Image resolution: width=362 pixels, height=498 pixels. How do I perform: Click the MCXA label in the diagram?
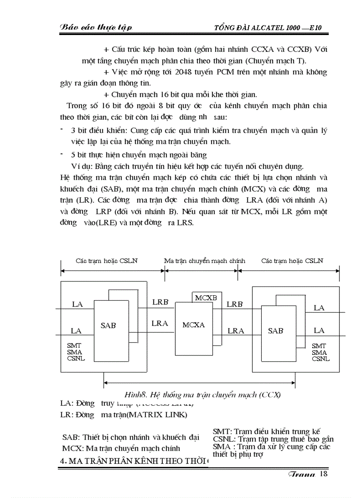pyautogui.click(x=193, y=325)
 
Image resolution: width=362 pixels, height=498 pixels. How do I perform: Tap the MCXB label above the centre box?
pyautogui.click(x=206, y=298)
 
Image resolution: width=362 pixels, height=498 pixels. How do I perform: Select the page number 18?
pyautogui.click(x=323, y=474)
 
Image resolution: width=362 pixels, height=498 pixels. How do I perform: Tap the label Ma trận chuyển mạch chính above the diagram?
pyautogui.click(x=205, y=261)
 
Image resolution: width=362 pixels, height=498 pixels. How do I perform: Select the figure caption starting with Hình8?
pyautogui.click(x=202, y=394)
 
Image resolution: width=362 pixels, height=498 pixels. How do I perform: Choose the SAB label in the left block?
pyautogui.click(x=108, y=325)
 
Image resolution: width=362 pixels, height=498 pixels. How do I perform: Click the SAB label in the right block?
pyautogui.click(x=275, y=330)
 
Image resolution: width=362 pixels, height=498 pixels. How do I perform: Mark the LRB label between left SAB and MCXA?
pyautogui.click(x=160, y=302)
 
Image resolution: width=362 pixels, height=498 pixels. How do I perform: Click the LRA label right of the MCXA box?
pyautogui.click(x=236, y=330)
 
